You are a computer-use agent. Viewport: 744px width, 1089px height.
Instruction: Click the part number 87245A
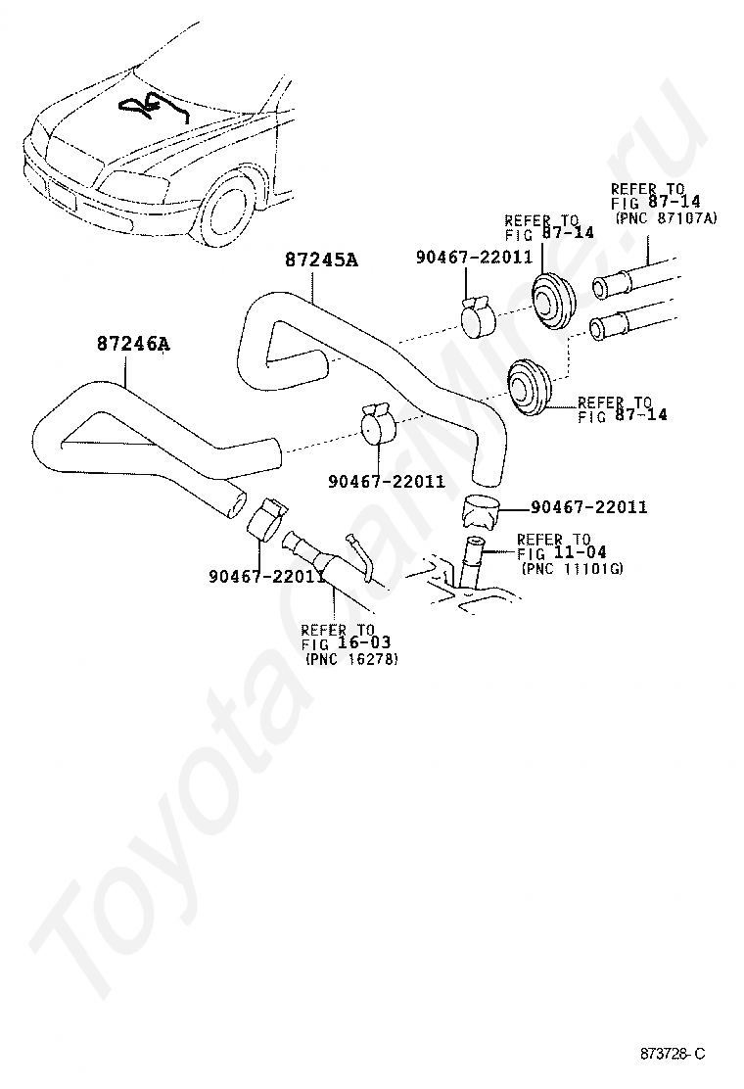pyautogui.click(x=321, y=260)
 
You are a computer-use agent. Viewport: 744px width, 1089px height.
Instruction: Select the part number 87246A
pyautogui.click(x=133, y=343)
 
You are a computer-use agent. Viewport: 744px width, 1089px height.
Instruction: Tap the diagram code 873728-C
pyautogui.click(x=672, y=1054)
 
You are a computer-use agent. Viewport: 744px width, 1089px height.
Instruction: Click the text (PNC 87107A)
pyautogui.click(x=666, y=218)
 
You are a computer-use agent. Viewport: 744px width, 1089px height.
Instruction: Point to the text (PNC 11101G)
pyautogui.click(x=572, y=569)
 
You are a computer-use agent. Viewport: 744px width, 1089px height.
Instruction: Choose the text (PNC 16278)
pyautogui.click(x=351, y=659)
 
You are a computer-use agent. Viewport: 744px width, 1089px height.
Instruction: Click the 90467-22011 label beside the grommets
pyautogui.click(x=474, y=257)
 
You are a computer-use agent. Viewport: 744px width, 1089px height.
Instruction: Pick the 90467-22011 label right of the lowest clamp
pyautogui.click(x=588, y=507)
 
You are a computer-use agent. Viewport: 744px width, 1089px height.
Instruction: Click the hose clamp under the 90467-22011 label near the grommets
pyautogui.click(x=478, y=316)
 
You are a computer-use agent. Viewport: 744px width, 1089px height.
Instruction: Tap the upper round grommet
pyautogui.click(x=553, y=300)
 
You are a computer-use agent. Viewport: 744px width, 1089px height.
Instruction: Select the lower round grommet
pyautogui.click(x=529, y=386)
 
